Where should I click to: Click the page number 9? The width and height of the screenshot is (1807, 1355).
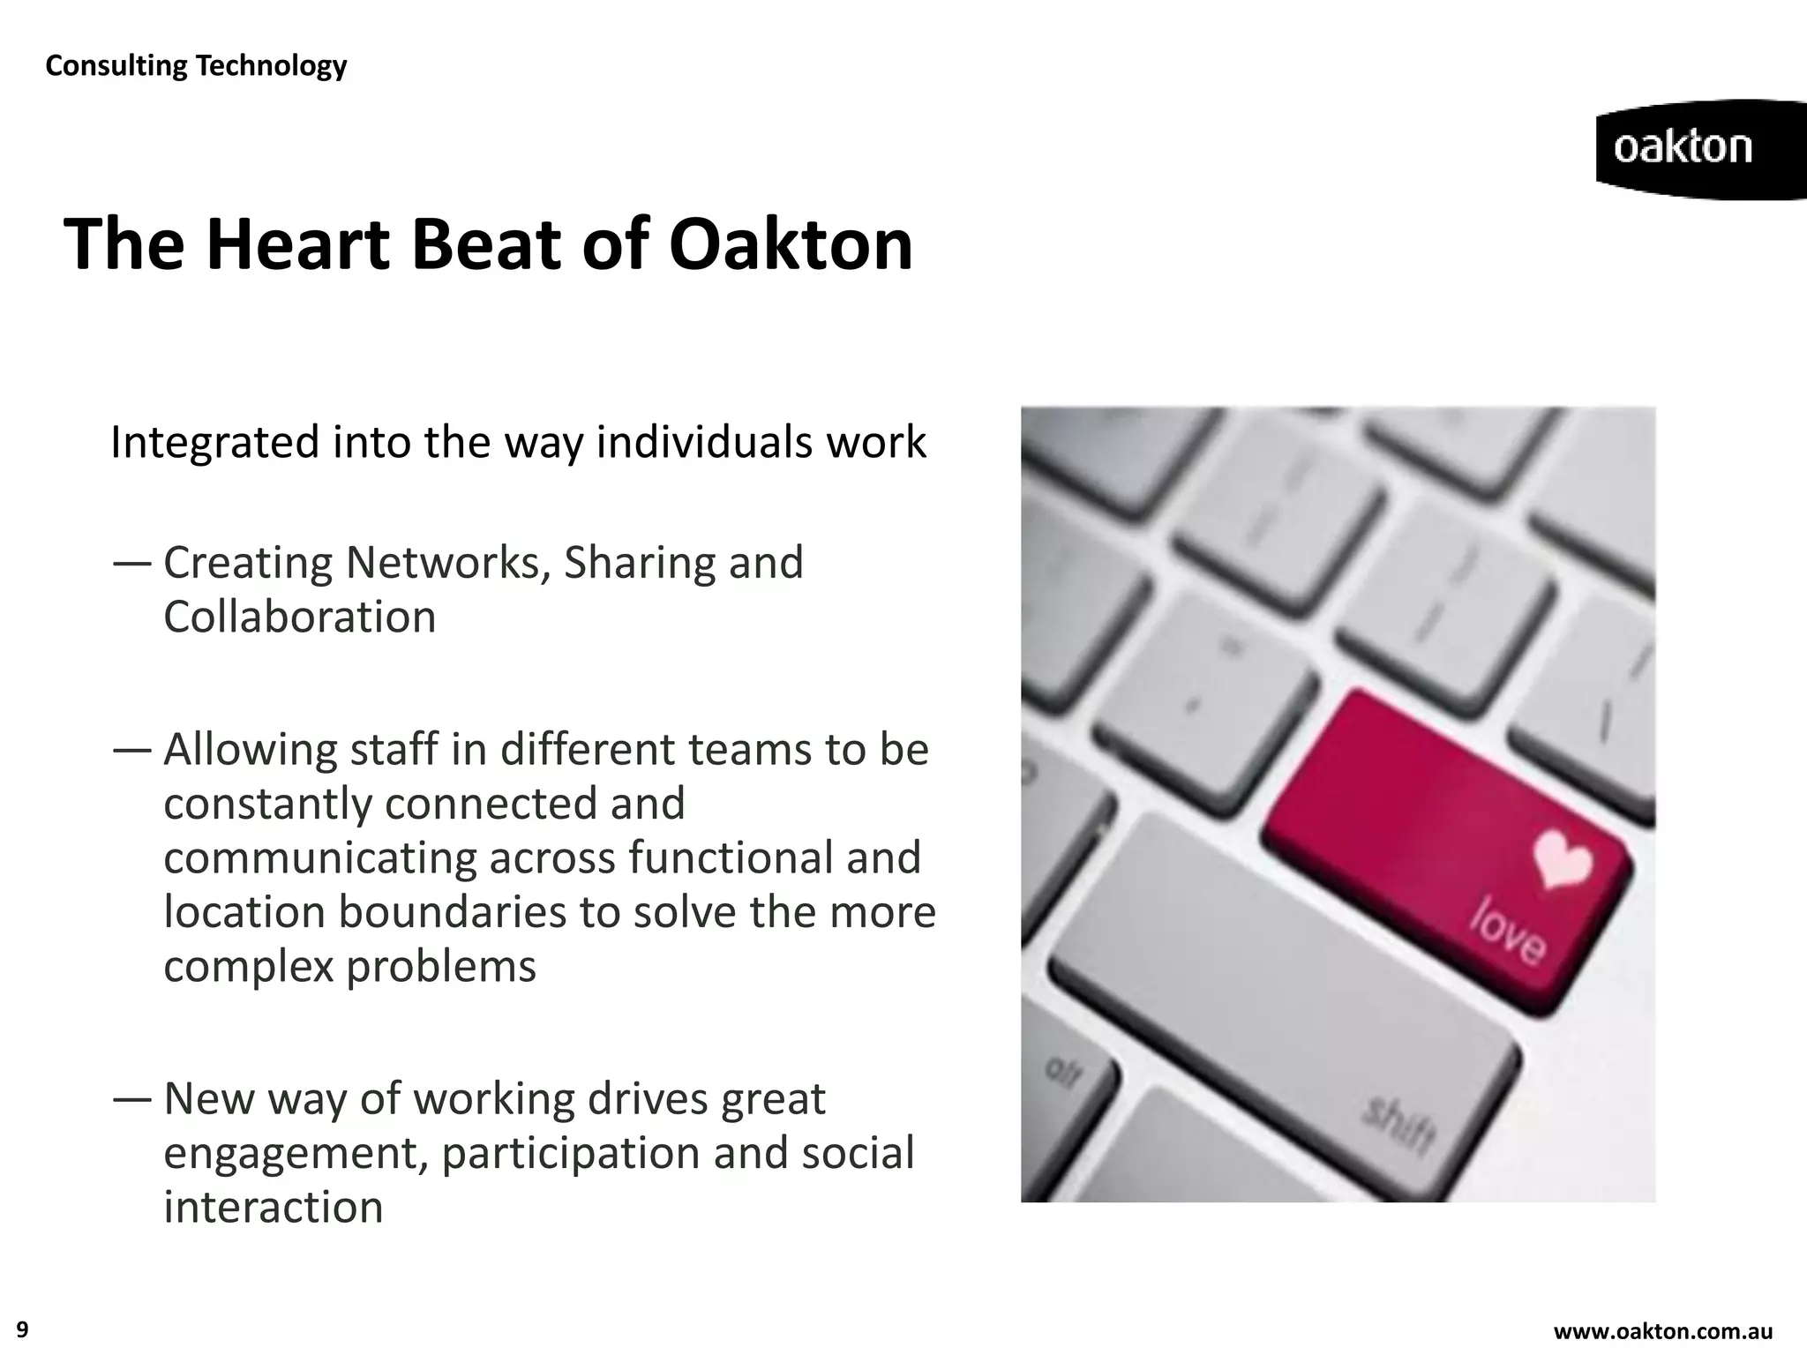click(23, 1329)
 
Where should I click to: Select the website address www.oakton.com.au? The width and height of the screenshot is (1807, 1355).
click(1662, 1331)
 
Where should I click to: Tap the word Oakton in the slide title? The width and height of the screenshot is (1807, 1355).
click(791, 244)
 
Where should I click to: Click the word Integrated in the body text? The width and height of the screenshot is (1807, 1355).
click(214, 442)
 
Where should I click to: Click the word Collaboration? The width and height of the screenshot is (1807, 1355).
click(300, 617)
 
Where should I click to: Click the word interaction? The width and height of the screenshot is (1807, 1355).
click(274, 1207)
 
